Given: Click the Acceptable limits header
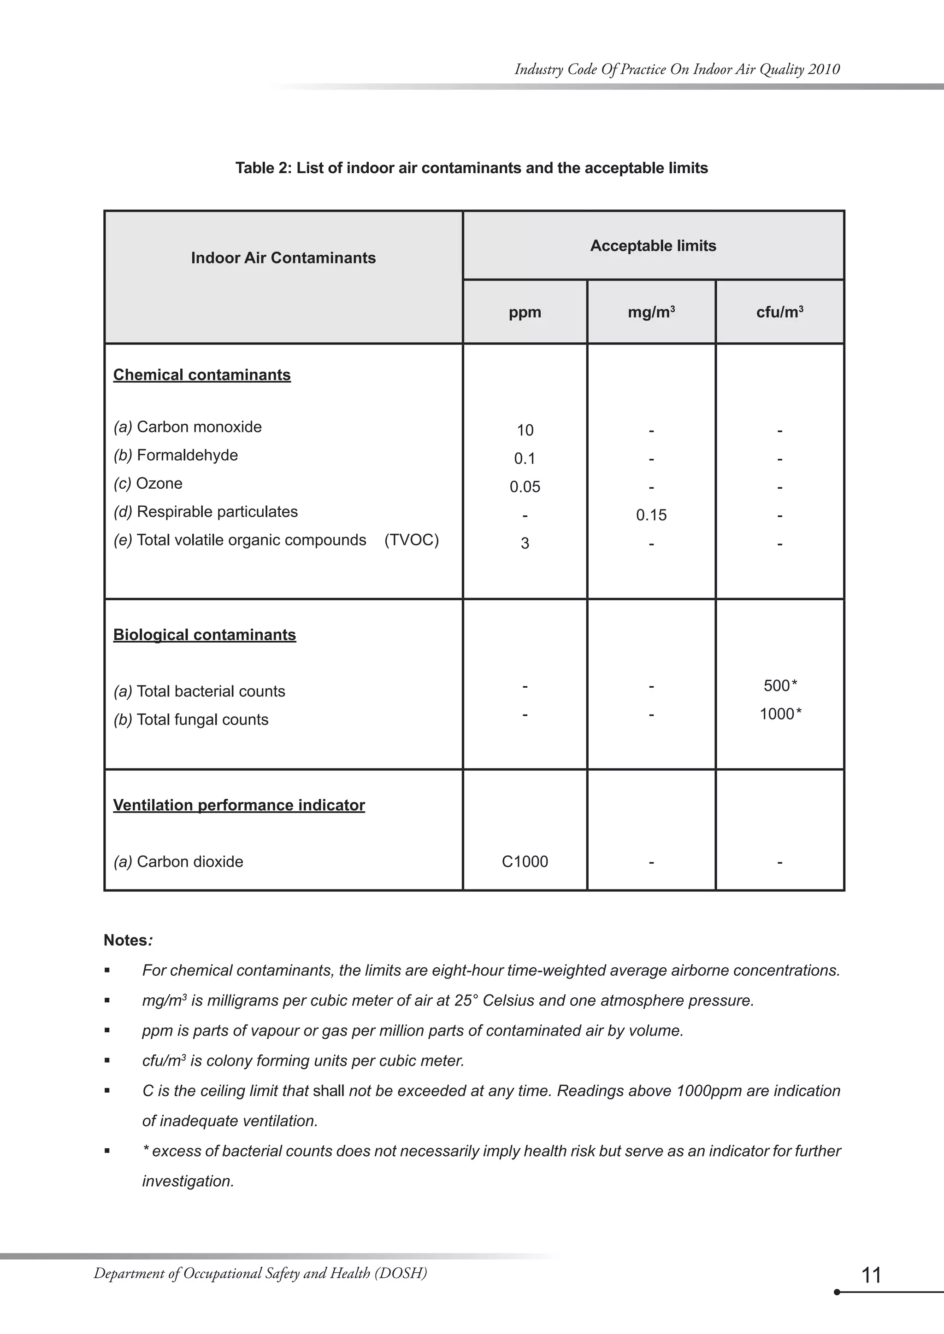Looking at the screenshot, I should pyautogui.click(x=653, y=246).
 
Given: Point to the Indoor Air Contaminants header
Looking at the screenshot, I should pyautogui.click(x=283, y=258).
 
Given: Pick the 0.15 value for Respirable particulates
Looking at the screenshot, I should pyautogui.click(x=651, y=515).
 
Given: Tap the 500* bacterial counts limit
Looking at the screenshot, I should pyautogui.click(x=779, y=685).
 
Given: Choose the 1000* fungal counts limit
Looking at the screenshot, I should pyautogui.click(x=779, y=714).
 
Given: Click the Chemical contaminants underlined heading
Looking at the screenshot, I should pyautogui.click(x=202, y=375).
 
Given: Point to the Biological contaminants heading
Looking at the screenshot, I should pyautogui.click(x=204, y=634).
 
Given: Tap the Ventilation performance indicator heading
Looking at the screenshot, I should pyautogui.click(x=239, y=805).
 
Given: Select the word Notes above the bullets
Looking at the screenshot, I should pyautogui.click(x=125, y=940).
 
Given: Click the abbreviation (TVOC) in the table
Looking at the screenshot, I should pyautogui.click(x=411, y=540).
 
